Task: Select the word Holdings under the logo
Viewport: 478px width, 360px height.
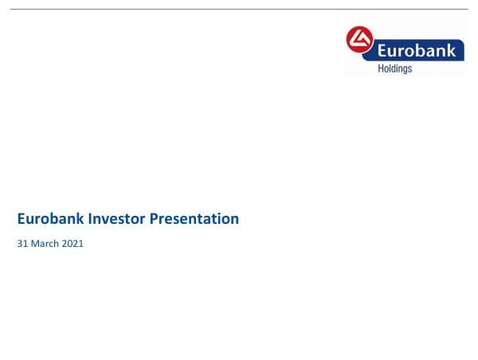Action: tap(394, 69)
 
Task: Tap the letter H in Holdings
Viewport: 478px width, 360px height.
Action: tap(380, 68)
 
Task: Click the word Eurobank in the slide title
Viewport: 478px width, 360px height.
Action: tap(49, 218)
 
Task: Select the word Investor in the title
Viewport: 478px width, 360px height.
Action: tap(114, 218)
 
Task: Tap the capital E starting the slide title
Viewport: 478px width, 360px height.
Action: tap(21, 218)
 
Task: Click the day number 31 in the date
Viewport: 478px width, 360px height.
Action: tap(22, 245)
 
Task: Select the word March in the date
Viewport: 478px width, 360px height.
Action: tap(44, 245)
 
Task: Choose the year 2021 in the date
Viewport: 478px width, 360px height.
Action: tap(72, 245)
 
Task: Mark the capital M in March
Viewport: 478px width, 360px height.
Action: tap(33, 245)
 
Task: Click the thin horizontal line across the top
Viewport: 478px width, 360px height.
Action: tap(239, 10)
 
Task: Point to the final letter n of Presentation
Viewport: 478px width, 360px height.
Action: tap(235, 219)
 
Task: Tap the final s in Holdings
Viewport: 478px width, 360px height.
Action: tap(409, 69)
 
